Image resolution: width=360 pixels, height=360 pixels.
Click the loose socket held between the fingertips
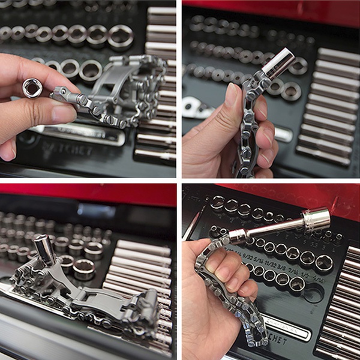[x=32, y=88]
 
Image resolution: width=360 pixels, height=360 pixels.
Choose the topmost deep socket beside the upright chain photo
[x=337, y=55]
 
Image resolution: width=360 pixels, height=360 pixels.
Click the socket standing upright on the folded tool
[x=45, y=249]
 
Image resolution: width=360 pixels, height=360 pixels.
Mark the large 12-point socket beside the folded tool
[x=84, y=268]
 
